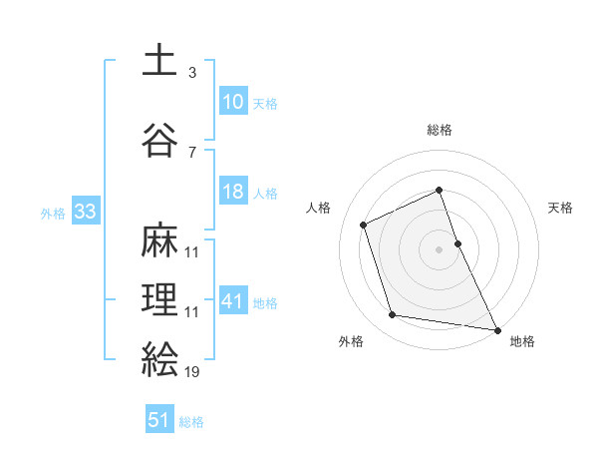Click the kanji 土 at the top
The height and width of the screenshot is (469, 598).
[158, 61]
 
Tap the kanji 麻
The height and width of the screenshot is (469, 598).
[158, 239]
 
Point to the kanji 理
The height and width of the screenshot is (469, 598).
[158, 298]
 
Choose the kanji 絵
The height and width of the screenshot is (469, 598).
[158, 357]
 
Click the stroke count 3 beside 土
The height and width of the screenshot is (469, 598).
[191, 74]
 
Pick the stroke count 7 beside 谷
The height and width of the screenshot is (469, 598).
[191, 152]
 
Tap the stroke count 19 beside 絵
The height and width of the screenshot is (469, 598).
[192, 371]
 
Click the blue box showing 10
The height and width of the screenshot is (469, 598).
[232, 101]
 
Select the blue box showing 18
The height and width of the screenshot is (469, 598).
[232, 192]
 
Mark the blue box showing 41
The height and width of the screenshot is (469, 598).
[232, 301]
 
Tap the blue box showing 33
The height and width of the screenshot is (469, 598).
[84, 212]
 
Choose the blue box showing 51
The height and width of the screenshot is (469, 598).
[159, 420]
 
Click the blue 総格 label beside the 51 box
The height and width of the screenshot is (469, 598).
[191, 422]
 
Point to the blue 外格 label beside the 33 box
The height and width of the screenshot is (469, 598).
[53, 214]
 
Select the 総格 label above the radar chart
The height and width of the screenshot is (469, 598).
[440, 130]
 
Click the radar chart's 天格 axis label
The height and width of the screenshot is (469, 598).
[560, 208]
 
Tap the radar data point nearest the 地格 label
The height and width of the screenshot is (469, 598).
[495, 327]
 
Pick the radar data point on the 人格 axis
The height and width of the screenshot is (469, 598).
[364, 225]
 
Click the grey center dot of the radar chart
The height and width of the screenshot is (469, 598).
[440, 249]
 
